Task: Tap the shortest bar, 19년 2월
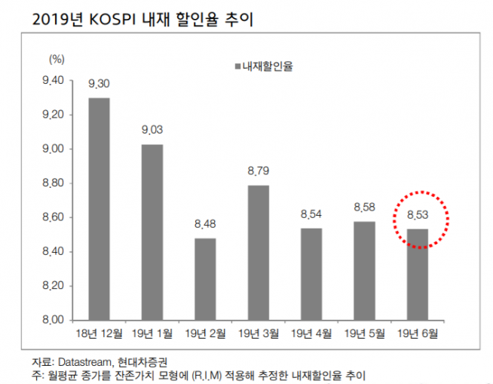204,278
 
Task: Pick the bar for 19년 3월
258,252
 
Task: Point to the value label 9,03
152,131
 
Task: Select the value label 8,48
204,226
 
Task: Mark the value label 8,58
363,208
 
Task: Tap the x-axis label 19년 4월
311,332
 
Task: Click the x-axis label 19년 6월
416,332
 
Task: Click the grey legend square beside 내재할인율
237,66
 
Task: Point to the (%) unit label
58,58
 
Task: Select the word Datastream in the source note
94,361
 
